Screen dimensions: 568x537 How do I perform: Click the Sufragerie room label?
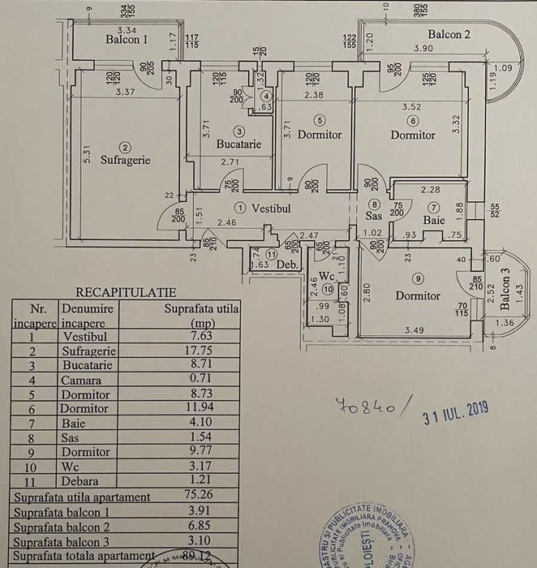[x=126, y=160]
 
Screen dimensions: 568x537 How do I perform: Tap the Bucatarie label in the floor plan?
[x=238, y=144]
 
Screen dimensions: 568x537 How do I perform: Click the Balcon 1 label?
[x=127, y=39]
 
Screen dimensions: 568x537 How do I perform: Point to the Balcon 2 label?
[x=449, y=34]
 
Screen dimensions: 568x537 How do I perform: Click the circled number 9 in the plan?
[x=418, y=278]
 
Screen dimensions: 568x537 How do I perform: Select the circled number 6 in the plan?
[x=413, y=120]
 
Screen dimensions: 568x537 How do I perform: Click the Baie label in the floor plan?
[x=434, y=219]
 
